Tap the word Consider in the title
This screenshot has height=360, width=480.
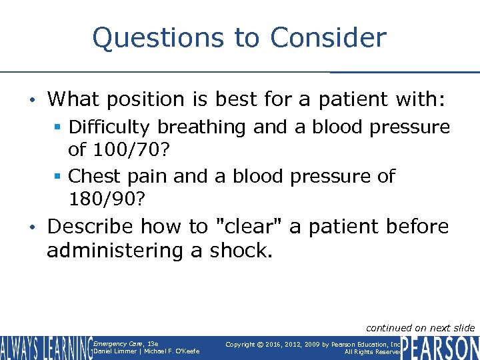tap(328, 38)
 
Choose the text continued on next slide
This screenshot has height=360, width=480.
tap(420, 327)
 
